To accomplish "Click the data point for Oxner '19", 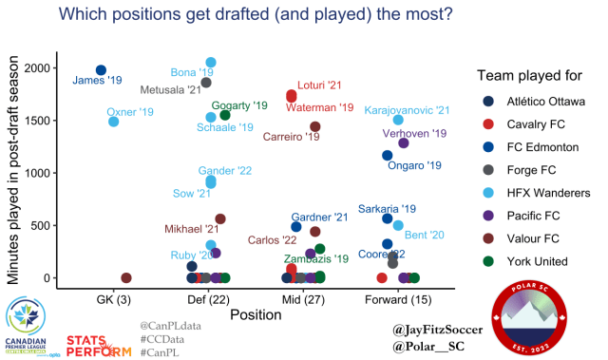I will pyautogui.click(x=114, y=122).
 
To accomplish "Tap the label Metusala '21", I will pyautogui.click(x=170, y=90).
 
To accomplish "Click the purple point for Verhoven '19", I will pyautogui.click(x=404, y=143).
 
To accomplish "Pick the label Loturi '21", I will pyautogui.click(x=319, y=85).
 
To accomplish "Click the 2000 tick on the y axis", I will pyautogui.click(x=40, y=68).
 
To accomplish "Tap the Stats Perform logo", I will pyautogui.click(x=99, y=343).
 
